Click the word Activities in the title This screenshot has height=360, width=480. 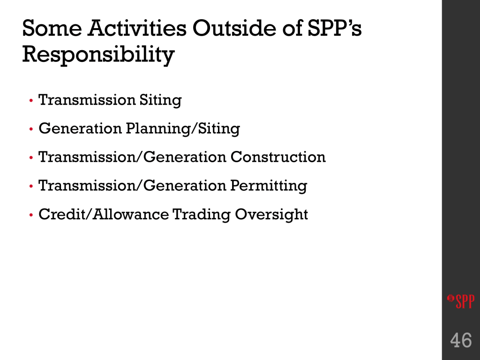[x=137, y=28]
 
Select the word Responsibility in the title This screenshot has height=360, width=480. [x=98, y=55]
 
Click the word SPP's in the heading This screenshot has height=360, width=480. [x=334, y=28]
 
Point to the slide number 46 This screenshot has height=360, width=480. [x=461, y=340]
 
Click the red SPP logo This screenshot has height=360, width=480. [x=461, y=301]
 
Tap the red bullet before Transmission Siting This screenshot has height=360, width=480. [x=31, y=100]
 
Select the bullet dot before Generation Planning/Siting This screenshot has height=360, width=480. [x=31, y=129]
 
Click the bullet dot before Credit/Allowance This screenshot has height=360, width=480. [x=31, y=215]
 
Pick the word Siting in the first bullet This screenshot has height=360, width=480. [x=160, y=100]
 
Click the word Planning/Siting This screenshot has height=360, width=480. [x=183, y=129]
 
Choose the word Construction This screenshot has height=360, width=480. [x=278, y=157]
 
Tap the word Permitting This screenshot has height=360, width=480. [x=269, y=186]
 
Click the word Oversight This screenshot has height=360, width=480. [x=271, y=215]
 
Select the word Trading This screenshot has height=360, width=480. [x=202, y=215]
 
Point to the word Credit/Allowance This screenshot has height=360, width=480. [x=104, y=214]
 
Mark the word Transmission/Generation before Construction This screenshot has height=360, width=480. [x=132, y=157]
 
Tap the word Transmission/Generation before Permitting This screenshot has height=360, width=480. [x=132, y=186]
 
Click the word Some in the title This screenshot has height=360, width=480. [x=52, y=28]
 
